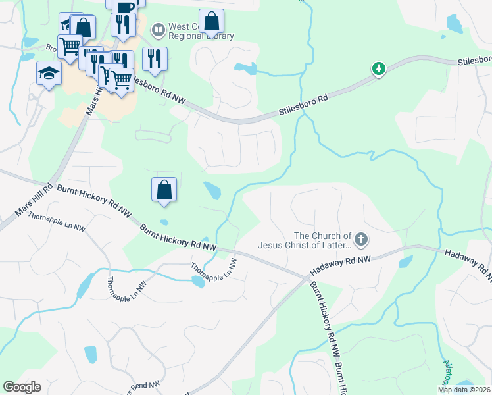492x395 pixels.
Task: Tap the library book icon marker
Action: point(158,30)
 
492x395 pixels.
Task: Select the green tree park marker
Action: point(378,68)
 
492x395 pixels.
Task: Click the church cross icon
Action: point(360,240)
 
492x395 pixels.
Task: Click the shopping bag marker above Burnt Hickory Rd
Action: point(164,190)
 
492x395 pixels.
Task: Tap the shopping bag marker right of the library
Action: point(211,22)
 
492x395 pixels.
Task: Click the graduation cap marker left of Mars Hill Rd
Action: point(49,72)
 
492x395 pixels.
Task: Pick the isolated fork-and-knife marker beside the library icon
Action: point(154,59)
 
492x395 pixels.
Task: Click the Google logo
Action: point(22,386)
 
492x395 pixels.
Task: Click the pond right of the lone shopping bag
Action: point(212,191)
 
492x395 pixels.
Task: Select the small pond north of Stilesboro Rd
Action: point(244,68)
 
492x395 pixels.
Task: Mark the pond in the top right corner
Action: point(455,24)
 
